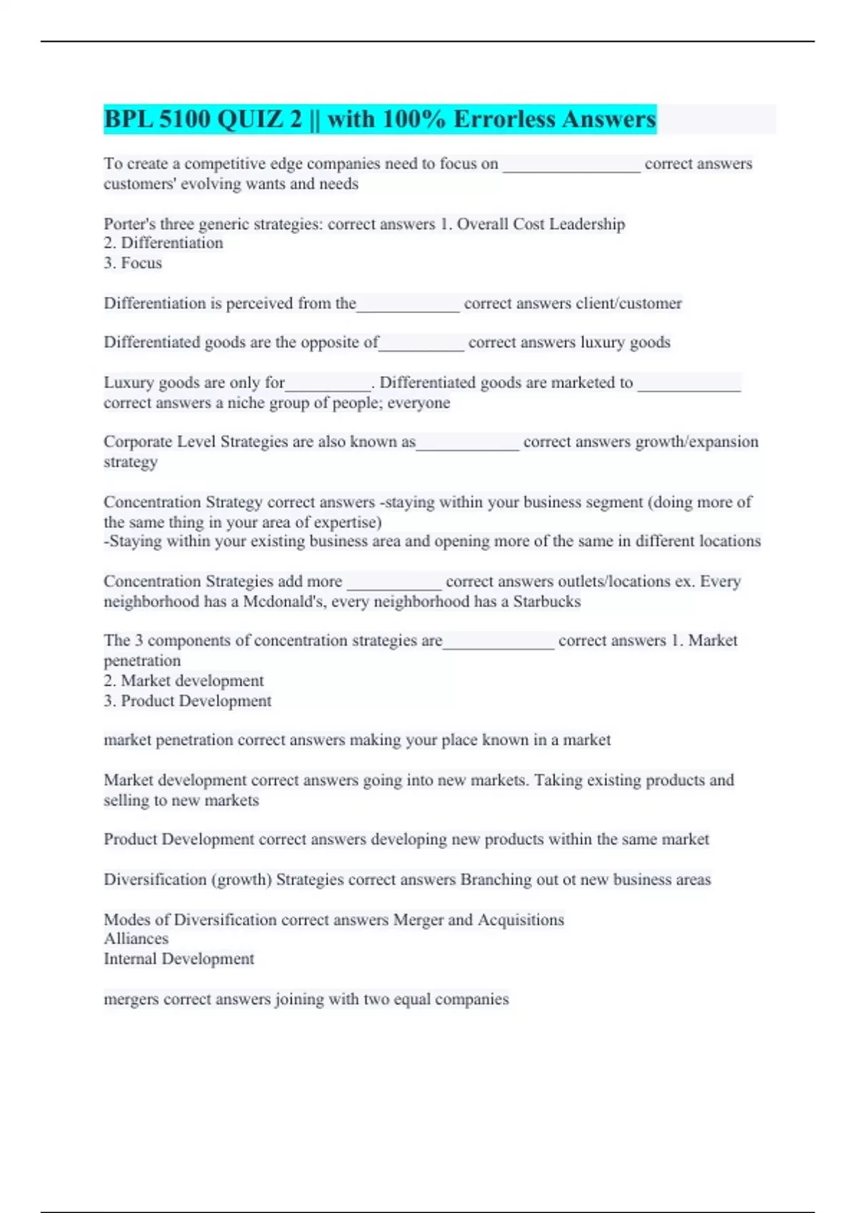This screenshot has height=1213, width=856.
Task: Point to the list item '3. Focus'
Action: [133, 263]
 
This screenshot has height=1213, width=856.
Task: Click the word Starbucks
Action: [547, 602]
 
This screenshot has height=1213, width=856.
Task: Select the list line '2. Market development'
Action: [183, 681]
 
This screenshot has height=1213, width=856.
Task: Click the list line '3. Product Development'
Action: [187, 701]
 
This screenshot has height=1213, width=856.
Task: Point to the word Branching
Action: [495, 880]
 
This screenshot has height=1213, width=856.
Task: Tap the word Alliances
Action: [136, 939]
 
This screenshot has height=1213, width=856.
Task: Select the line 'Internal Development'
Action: [178, 959]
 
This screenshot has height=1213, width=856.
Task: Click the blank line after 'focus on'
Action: [571, 166]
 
